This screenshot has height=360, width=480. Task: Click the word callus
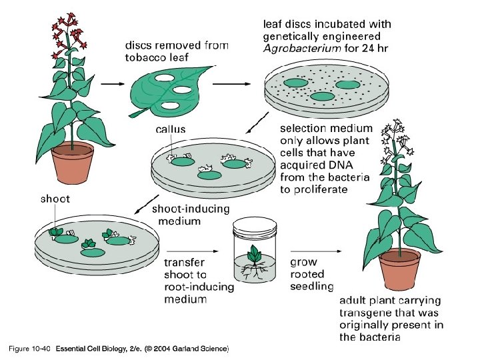171,129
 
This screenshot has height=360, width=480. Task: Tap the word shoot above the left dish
55,198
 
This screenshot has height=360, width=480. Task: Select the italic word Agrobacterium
294,49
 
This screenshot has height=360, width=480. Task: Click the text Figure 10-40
29,349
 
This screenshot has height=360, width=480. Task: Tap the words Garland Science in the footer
200,349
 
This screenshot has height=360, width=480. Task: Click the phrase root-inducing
199,287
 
